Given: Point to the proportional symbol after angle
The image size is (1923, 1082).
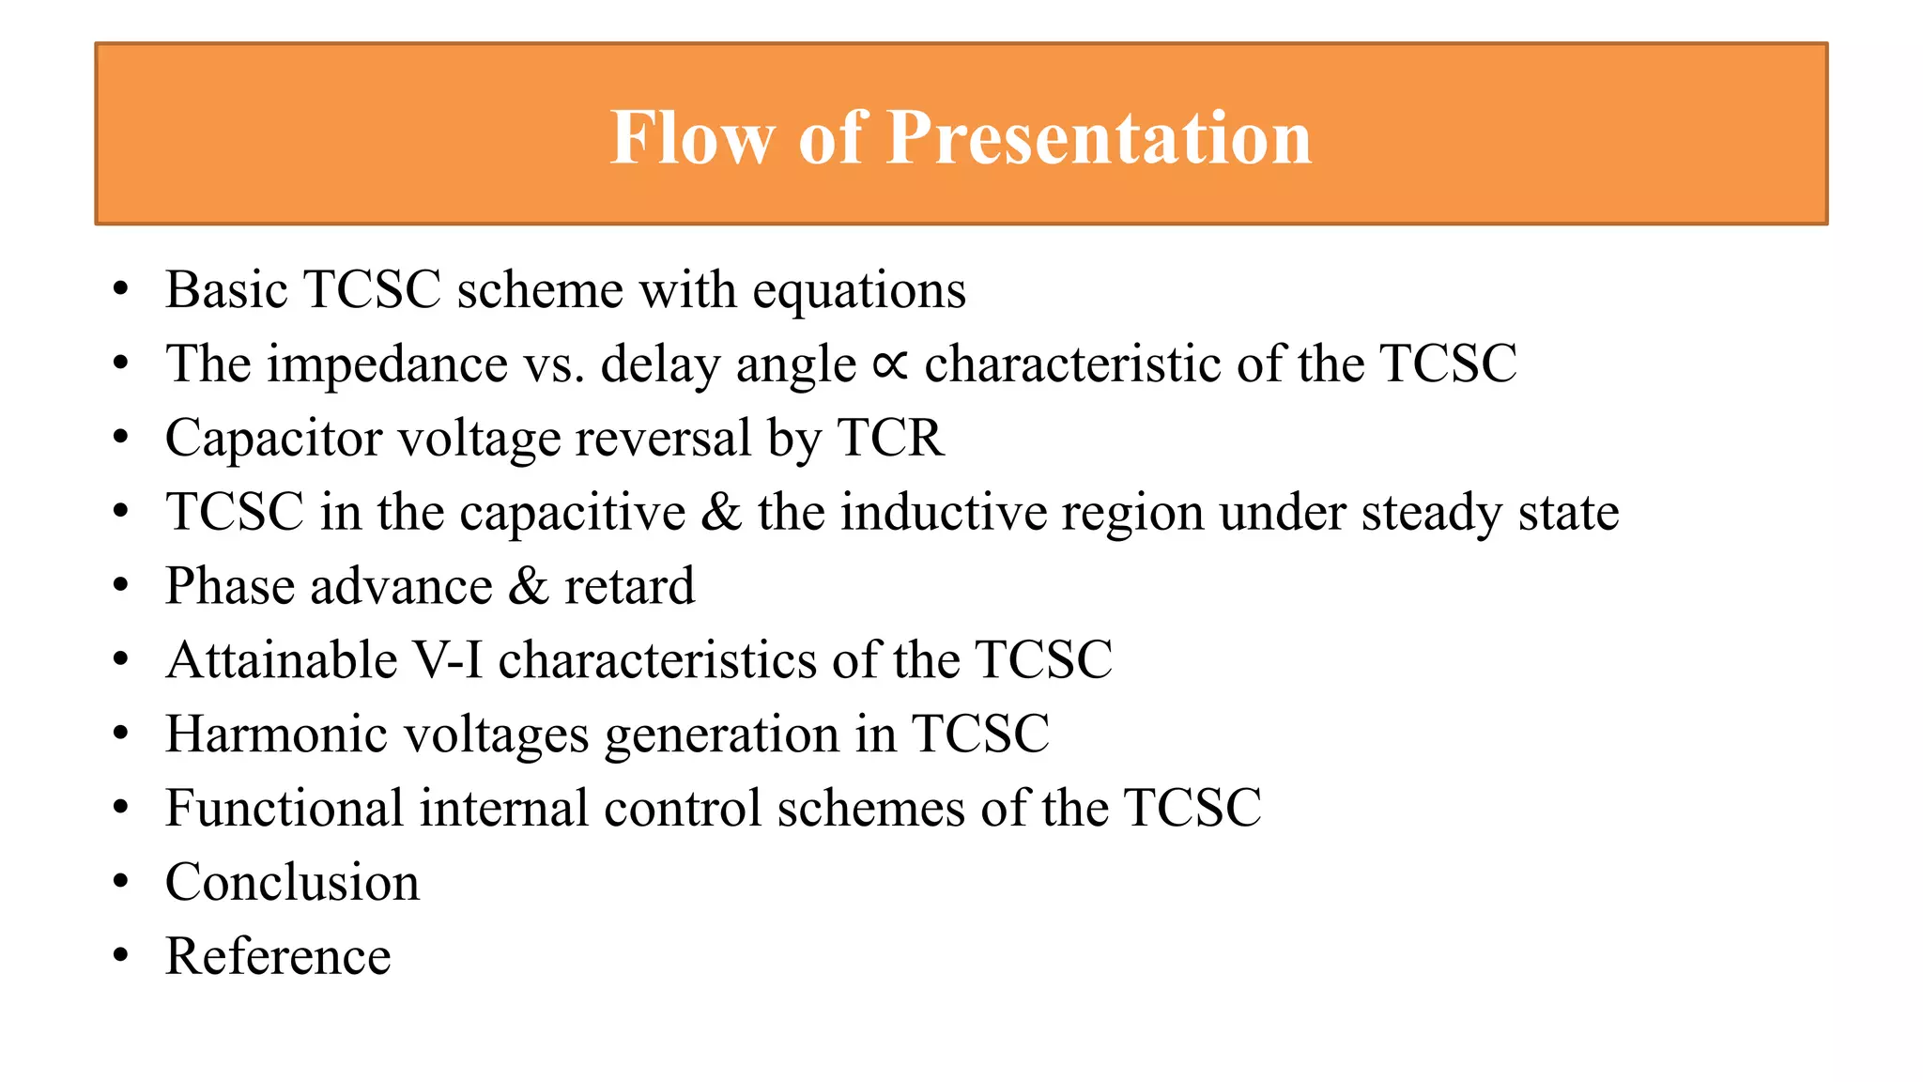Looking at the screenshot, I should pos(889,365).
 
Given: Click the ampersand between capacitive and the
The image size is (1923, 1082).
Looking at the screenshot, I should pos(721,512).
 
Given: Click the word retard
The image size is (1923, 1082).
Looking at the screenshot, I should pos(629,586).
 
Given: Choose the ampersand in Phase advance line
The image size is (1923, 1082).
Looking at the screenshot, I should pos(528,586).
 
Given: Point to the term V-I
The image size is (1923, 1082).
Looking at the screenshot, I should pos(448,659).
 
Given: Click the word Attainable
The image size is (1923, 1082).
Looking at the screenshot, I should pos(282,659).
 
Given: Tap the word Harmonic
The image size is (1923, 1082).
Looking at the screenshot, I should pos(276,734).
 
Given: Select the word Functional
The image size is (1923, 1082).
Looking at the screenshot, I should pos(284,808).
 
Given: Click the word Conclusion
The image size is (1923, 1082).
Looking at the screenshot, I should pos(292,882).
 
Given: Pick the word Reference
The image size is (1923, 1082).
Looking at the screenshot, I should pos(278,956).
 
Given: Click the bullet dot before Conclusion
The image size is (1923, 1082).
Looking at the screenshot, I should pos(120,883).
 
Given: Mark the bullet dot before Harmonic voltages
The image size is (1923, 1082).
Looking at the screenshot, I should pos(120,734).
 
